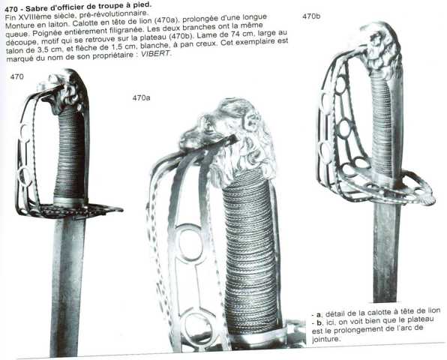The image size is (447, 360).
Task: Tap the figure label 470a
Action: coord(141,97)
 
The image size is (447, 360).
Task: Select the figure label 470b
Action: coord(311,16)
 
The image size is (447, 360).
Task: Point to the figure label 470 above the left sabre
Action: coord(16,76)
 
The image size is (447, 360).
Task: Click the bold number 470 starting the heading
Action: coord(10,9)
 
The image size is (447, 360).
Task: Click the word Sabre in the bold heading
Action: coord(35,8)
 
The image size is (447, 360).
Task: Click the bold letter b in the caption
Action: coord(319,323)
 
